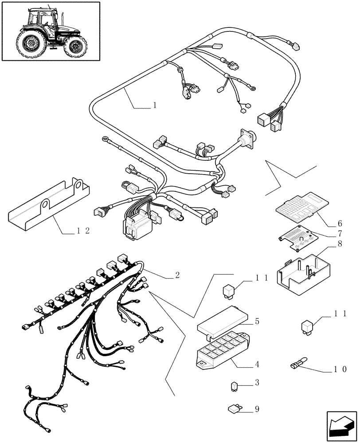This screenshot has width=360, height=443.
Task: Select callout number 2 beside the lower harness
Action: (x=177, y=276)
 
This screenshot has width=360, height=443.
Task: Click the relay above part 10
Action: (x=308, y=327)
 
